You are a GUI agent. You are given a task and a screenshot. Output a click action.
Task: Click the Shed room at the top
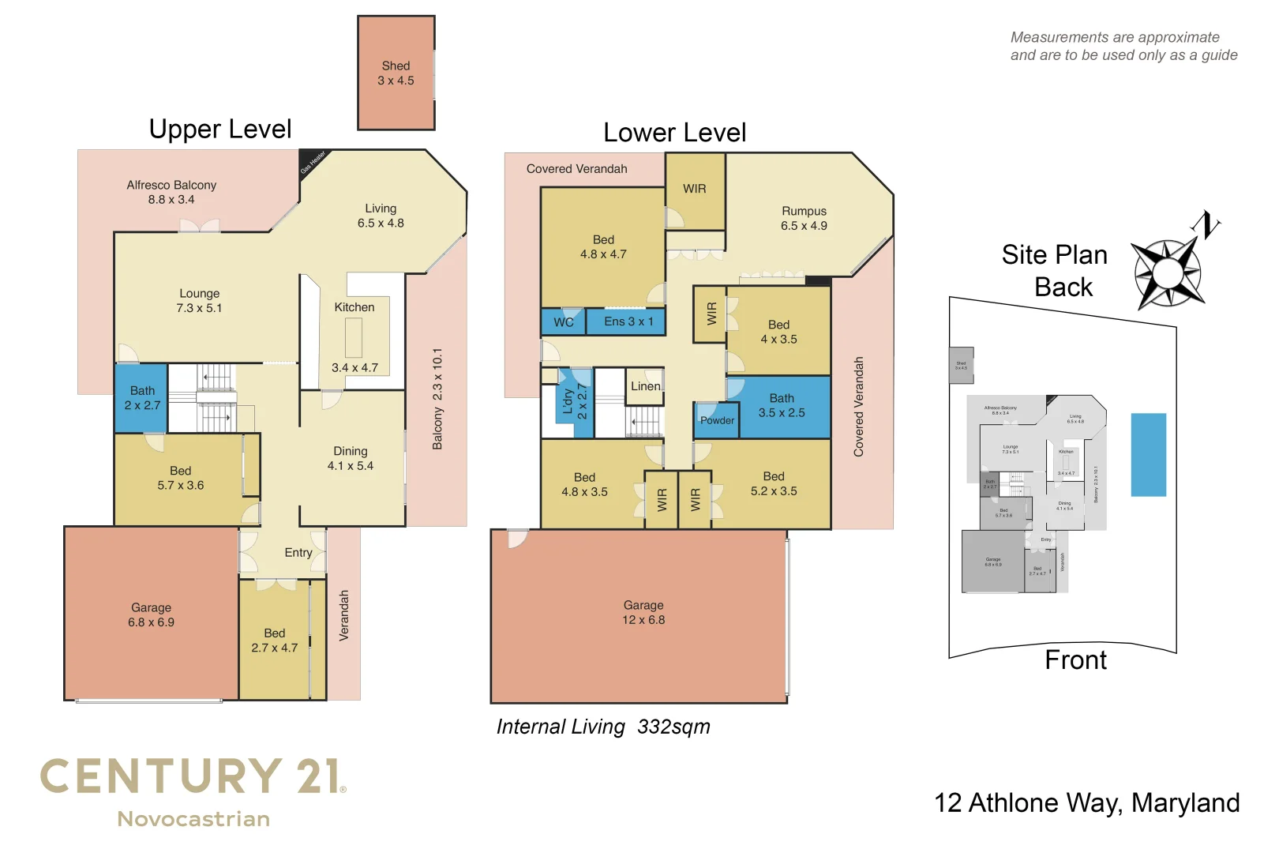(396, 73)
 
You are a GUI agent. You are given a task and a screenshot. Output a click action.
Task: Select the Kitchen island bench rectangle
(354, 337)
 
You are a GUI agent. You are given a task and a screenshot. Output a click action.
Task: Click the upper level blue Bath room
(141, 398)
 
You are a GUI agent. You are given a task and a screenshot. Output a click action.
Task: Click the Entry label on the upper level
(298, 553)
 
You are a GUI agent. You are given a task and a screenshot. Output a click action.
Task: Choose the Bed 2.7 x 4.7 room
(274, 641)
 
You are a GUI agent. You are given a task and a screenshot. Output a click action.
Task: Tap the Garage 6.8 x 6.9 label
(151, 615)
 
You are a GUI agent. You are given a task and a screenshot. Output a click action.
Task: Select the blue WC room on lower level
(563, 322)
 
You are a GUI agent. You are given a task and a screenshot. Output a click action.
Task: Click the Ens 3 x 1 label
(628, 321)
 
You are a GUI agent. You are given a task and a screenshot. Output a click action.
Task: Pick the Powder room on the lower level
(716, 420)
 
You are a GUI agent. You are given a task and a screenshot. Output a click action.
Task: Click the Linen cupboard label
(645, 386)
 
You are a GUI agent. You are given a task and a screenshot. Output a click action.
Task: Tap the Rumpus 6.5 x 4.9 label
(804, 219)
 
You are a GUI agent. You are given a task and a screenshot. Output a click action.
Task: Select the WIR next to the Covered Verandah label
(695, 189)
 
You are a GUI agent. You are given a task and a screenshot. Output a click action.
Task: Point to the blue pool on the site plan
(1148, 455)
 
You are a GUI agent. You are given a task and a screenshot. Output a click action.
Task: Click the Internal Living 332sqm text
(603, 727)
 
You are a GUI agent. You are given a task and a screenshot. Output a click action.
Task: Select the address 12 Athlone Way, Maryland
(1086, 803)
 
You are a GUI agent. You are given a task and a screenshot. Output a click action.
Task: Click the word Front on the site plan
(1075, 660)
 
